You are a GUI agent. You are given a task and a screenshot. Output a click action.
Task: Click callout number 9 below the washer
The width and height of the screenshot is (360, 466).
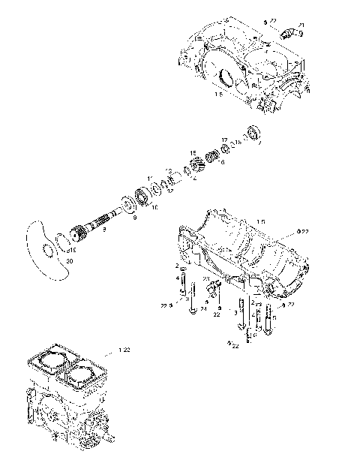134,218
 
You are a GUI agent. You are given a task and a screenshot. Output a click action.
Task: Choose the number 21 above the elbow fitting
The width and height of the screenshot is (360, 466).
301,26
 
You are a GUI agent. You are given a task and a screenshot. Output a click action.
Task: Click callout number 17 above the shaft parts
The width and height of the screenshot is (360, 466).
223,140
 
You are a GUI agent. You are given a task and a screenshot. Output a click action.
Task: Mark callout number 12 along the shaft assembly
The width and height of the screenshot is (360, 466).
171,191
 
